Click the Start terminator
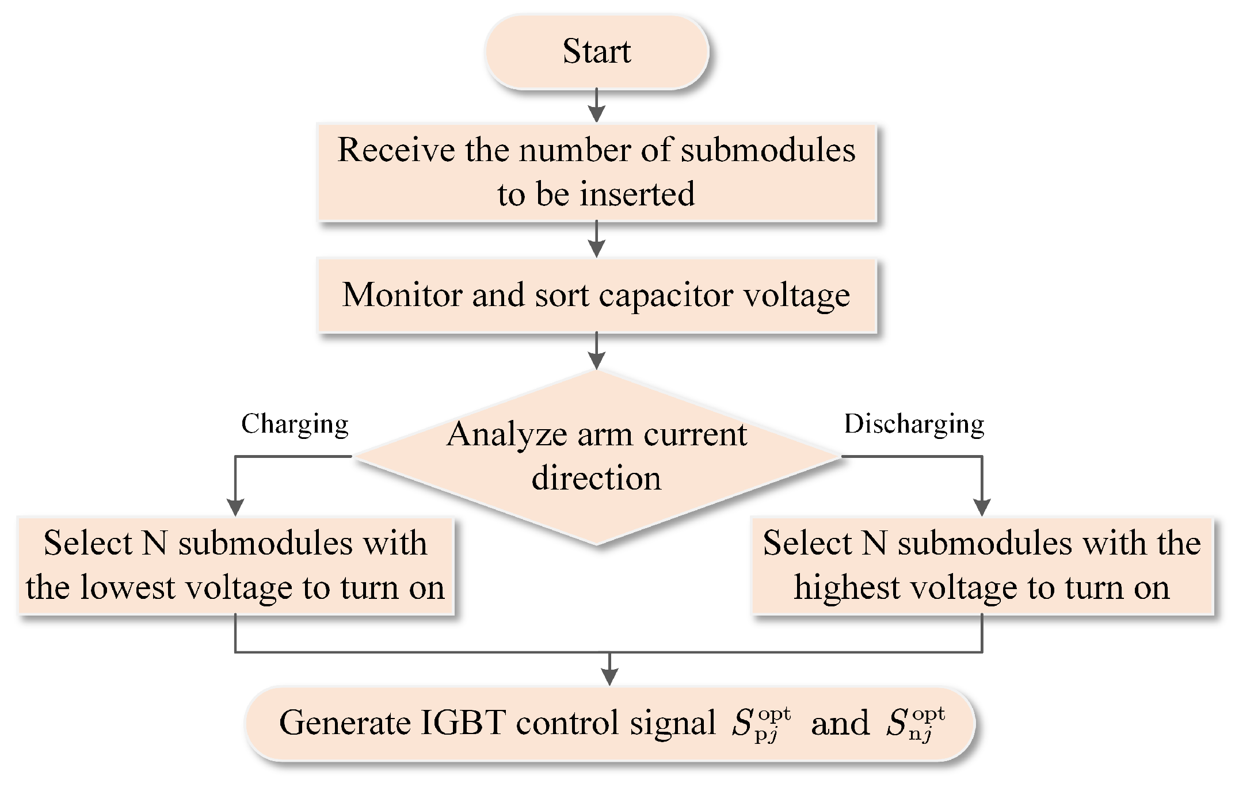[597, 52]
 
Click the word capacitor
[667, 296]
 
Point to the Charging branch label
[295, 425]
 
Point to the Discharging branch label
[914, 425]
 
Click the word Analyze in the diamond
[507, 434]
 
